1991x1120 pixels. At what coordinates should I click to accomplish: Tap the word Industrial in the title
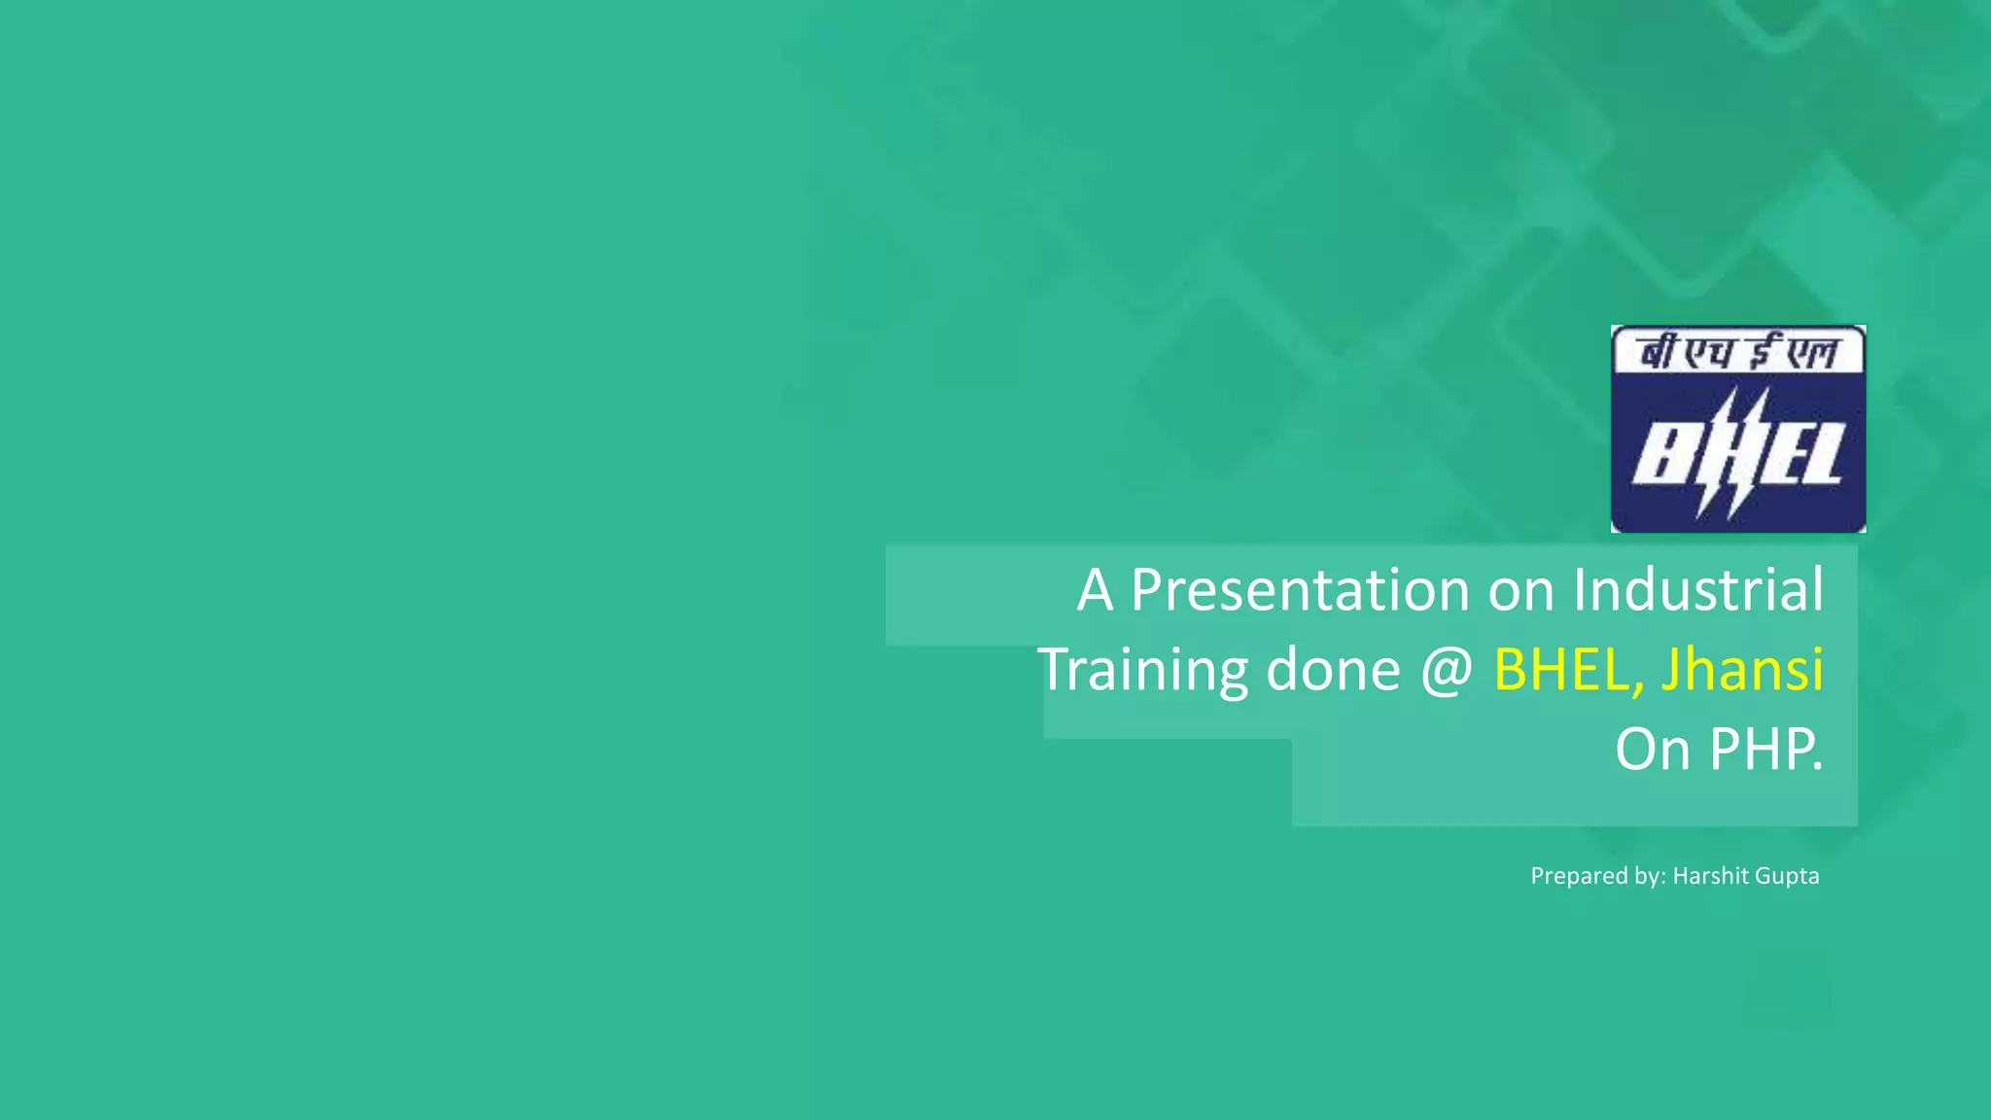pyautogui.click(x=1697, y=590)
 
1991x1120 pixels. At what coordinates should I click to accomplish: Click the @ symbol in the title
pyautogui.click(x=1447, y=670)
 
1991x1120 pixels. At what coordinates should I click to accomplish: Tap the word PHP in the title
pyautogui.click(x=1765, y=750)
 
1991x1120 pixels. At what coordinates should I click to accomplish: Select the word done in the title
pyautogui.click(x=1333, y=670)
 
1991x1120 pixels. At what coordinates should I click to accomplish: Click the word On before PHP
pyautogui.click(x=1653, y=750)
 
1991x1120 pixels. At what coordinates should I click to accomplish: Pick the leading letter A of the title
pyautogui.click(x=1095, y=590)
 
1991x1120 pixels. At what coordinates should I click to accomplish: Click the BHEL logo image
pyautogui.click(x=1738, y=429)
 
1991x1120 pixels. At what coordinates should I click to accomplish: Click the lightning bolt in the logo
pyautogui.click(x=1733, y=453)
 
